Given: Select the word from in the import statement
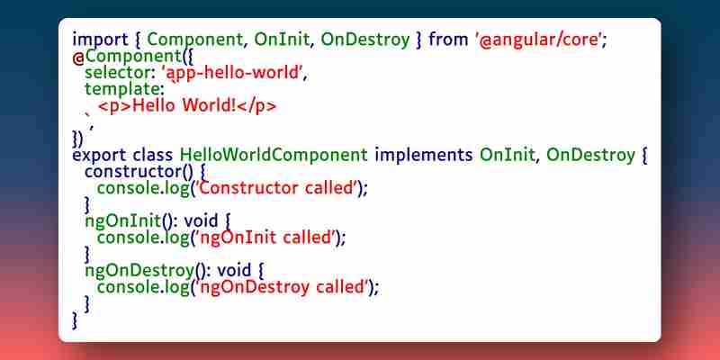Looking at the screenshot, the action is tap(448, 40).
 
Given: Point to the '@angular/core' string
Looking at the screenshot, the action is tap(538, 40).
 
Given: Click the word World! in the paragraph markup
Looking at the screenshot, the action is tap(209, 105).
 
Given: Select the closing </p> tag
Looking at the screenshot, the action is tap(256, 106).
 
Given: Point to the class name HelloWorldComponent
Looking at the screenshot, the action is tap(274, 155).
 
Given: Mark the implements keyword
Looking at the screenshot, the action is tap(423, 155).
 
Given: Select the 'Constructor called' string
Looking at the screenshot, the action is tap(274, 188).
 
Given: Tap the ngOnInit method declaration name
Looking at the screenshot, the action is tap(123, 221).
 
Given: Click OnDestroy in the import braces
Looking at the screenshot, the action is tap(364, 40).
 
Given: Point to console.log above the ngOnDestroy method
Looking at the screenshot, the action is tap(143, 238).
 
